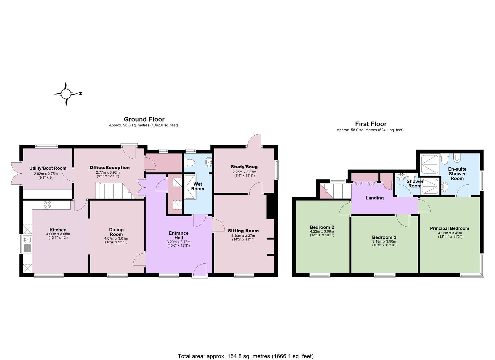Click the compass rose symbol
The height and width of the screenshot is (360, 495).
pyautogui.click(x=66, y=94)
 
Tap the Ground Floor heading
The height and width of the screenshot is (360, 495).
pyautogui.click(x=144, y=119)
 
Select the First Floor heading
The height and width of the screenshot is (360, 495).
pyautogui.click(x=371, y=124)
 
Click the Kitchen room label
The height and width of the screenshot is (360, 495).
pyautogui.click(x=58, y=230)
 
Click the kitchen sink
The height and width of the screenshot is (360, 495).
pyautogui.click(x=27, y=243)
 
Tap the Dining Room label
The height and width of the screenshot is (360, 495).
pyautogui.click(x=116, y=232)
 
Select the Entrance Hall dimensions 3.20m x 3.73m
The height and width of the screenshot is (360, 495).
pyautogui.click(x=179, y=242)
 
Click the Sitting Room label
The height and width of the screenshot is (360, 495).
pyautogui.click(x=243, y=231)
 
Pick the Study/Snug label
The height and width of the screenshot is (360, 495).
pyautogui.click(x=244, y=167)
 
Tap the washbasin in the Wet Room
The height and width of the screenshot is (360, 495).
pyautogui.click(x=209, y=162)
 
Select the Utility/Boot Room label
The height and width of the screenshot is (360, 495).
pyautogui.click(x=48, y=168)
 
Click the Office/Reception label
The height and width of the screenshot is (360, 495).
pyautogui.click(x=110, y=168)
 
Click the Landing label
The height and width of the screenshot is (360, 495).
pyautogui.click(x=374, y=198)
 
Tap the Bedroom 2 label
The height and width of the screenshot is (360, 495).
pyautogui.click(x=322, y=227)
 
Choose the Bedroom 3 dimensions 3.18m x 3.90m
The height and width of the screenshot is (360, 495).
pyautogui.click(x=384, y=242)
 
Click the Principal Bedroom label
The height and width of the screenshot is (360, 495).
pyautogui.click(x=449, y=229)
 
